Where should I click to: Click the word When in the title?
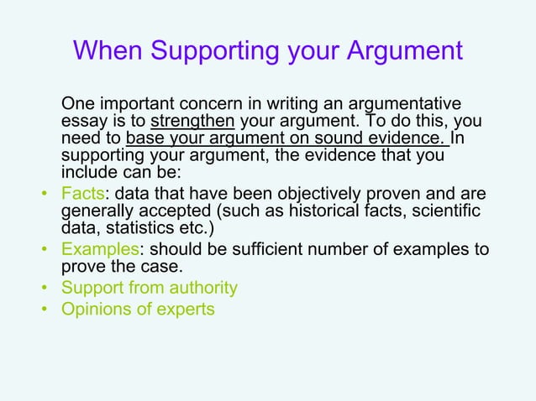click(108, 50)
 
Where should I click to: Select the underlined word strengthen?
click(192, 122)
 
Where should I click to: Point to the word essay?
click(84, 122)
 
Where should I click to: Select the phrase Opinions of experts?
click(138, 309)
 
